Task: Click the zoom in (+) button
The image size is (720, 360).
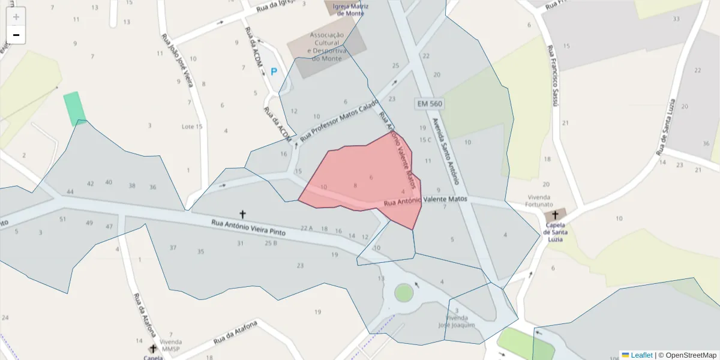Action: click(x=16, y=17)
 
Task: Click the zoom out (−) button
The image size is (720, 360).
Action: click(x=16, y=35)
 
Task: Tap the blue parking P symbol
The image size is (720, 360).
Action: click(x=274, y=71)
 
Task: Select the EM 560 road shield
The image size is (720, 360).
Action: click(x=430, y=104)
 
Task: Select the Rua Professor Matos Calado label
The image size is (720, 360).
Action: click(x=340, y=119)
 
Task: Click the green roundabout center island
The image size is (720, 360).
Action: click(x=404, y=293)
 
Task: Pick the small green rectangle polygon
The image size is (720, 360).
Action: click(x=74, y=108)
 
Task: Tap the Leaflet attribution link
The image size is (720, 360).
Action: click(x=641, y=355)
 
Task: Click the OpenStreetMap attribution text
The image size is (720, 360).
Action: click(x=687, y=355)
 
